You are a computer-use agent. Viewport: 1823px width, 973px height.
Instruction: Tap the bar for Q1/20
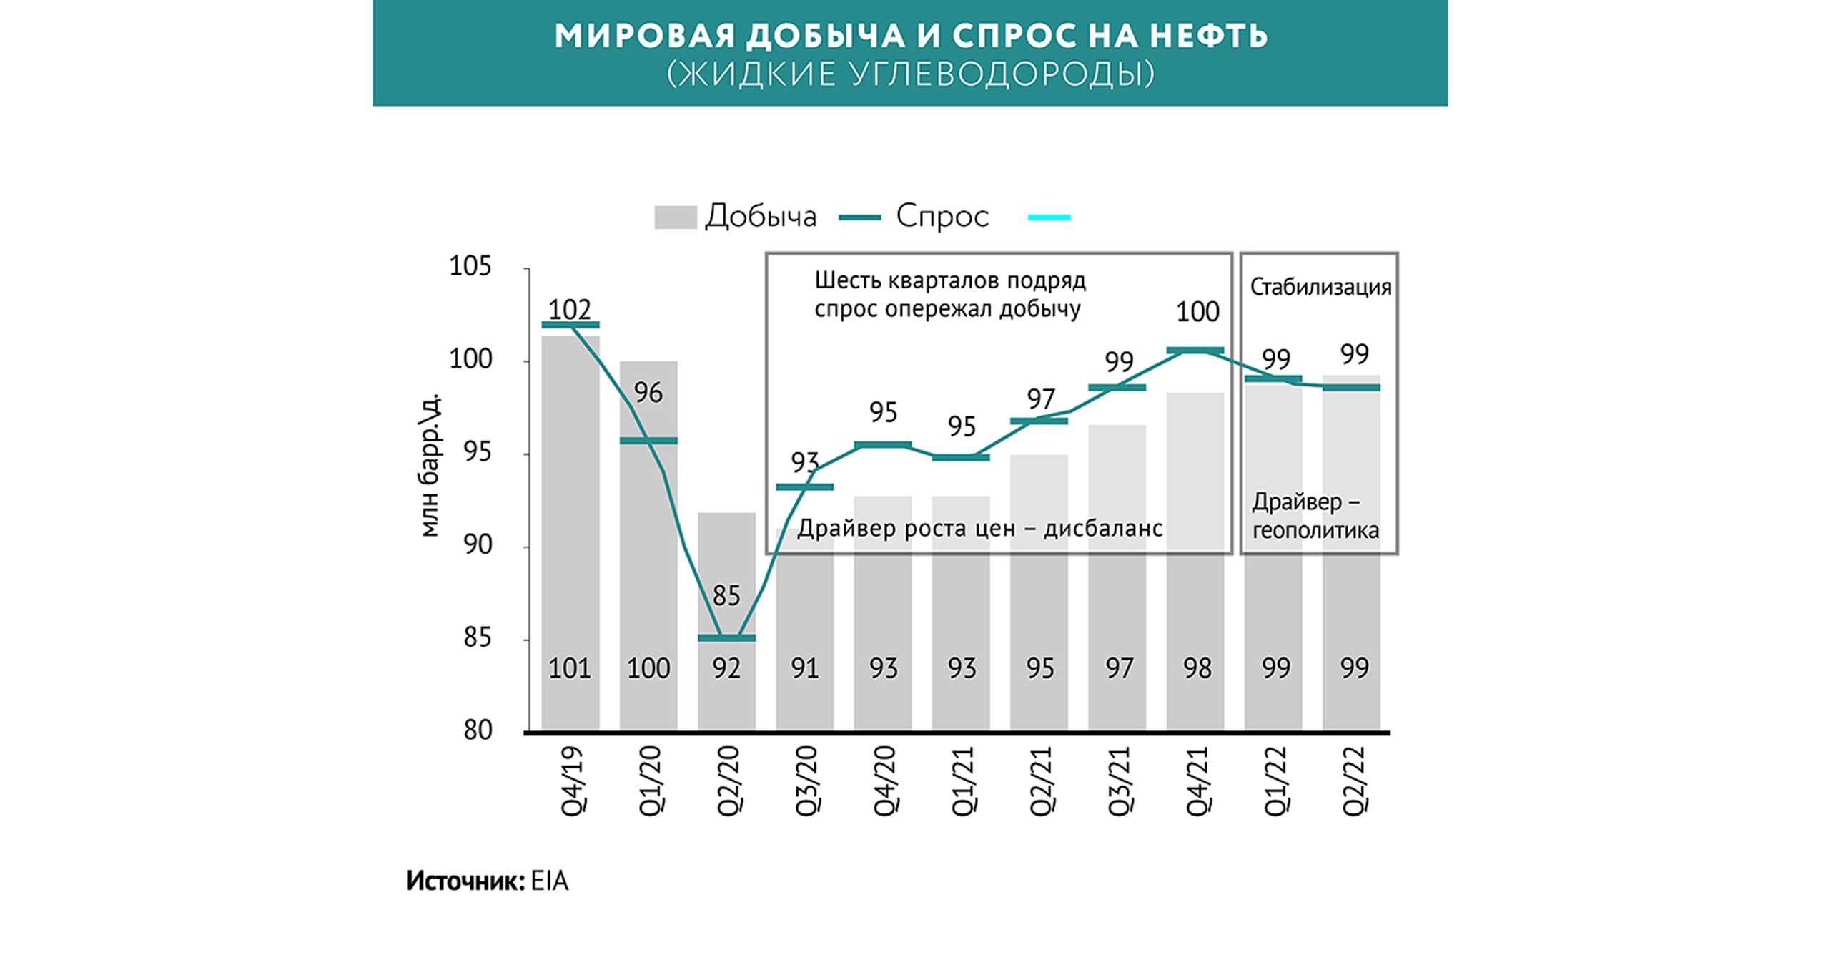click(648, 544)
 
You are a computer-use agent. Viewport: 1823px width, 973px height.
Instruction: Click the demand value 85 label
click(726, 595)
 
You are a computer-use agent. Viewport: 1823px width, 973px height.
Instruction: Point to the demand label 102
click(570, 310)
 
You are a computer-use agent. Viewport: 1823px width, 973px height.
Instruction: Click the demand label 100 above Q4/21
click(1197, 312)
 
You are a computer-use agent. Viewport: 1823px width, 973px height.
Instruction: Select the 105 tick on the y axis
click(470, 267)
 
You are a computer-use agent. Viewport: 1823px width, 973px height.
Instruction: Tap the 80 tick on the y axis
click(478, 730)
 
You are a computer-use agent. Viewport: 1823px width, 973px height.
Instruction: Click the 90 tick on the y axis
click(478, 545)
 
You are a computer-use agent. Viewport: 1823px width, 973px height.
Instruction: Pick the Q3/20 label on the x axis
click(806, 780)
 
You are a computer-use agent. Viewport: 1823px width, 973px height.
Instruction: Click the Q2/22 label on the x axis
click(1354, 780)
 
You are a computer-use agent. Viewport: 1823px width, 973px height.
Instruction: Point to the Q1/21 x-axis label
click(962, 780)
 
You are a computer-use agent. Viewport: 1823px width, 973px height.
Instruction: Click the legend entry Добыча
click(761, 216)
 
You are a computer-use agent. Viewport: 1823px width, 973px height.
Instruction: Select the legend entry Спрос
click(942, 216)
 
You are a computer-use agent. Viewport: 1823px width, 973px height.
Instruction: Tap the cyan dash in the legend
click(1049, 217)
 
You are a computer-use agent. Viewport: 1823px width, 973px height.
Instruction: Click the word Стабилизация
click(1320, 288)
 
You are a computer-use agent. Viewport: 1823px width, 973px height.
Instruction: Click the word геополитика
click(1315, 531)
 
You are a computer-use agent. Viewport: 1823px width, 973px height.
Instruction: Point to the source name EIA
click(550, 881)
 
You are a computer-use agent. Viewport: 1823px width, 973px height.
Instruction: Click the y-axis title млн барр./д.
click(429, 465)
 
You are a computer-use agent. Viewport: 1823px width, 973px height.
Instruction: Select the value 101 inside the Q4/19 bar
click(570, 668)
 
